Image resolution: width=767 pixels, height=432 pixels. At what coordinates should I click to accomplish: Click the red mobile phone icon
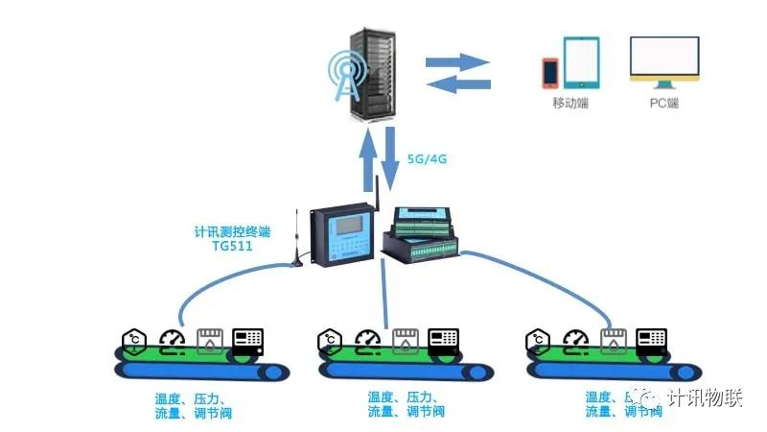pos(550,72)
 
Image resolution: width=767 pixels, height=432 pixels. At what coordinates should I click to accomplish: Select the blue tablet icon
pos(581,61)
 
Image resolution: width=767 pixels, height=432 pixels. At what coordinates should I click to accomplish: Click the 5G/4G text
pos(427,159)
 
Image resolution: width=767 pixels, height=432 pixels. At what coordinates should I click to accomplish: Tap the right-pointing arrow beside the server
pos(458,61)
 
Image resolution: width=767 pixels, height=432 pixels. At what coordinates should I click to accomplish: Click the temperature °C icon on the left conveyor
pos(132,338)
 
